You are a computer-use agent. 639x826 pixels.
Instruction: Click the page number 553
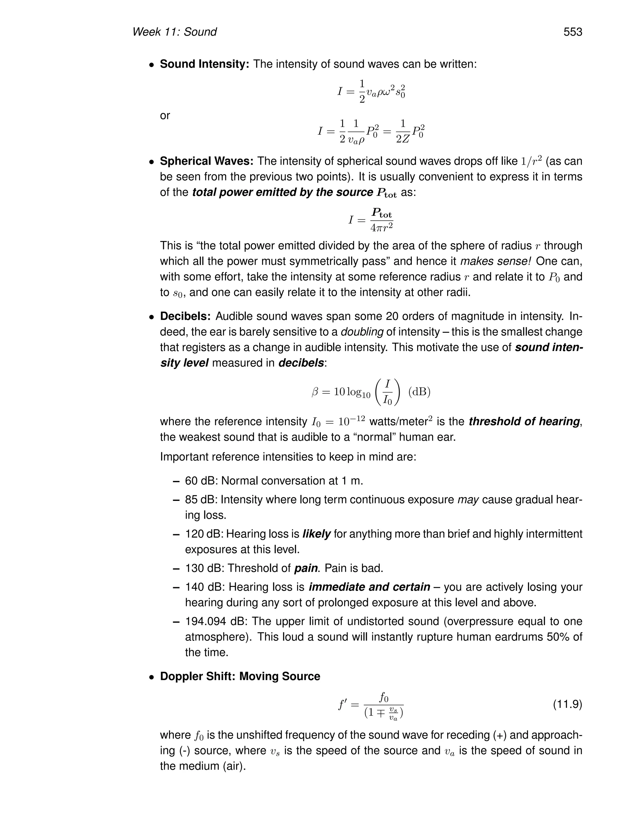pos(572,32)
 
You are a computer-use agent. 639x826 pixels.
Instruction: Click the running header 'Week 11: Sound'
pos(174,32)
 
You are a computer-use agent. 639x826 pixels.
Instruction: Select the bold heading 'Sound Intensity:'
pos(204,64)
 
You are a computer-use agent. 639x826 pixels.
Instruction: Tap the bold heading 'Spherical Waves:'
pos(207,161)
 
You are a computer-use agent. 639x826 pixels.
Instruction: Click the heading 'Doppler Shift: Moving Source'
pos(240,676)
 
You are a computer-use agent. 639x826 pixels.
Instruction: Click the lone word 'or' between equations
pos(165,116)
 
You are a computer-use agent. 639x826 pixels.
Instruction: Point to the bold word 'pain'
pos(306,568)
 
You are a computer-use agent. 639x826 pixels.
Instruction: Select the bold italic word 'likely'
pos(316,534)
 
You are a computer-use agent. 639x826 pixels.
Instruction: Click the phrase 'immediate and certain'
pos(369,587)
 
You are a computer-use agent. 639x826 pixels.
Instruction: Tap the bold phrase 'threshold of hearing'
pos(524,421)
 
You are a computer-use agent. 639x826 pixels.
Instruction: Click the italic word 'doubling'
pos(362,332)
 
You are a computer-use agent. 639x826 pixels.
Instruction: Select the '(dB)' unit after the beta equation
pos(419,392)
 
